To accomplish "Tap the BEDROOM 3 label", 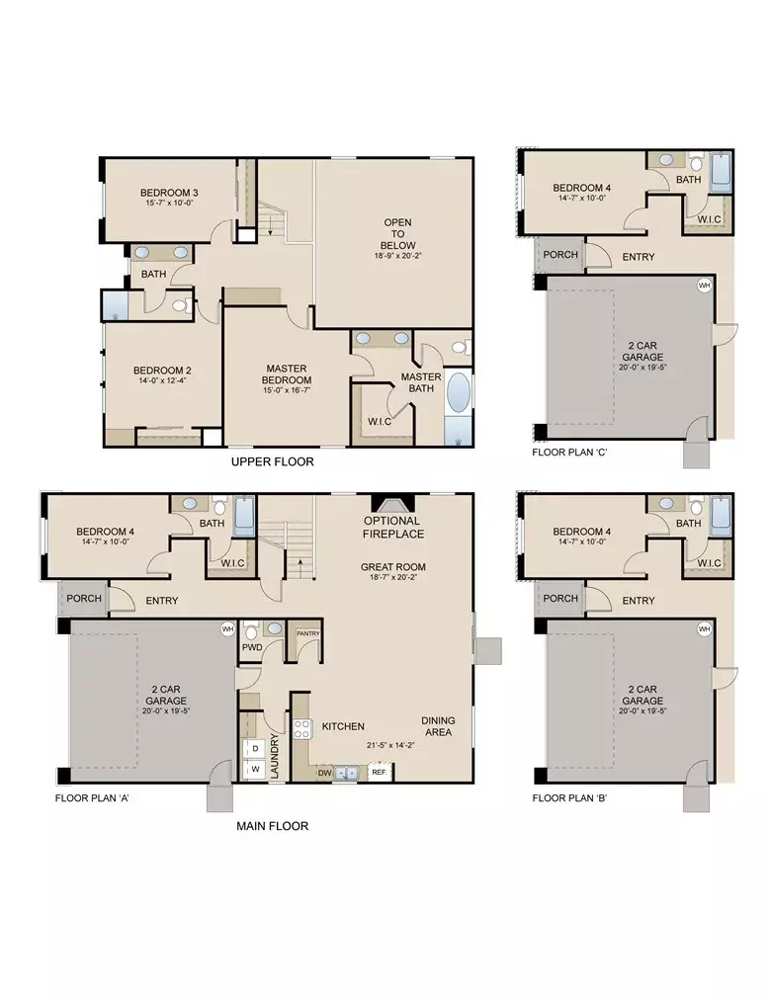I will click(169, 192).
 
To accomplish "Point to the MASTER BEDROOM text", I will click(287, 373).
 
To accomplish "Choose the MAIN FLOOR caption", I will click(272, 825).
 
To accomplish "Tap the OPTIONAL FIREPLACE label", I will click(392, 528).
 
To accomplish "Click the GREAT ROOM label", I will click(392, 568).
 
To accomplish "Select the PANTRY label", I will click(307, 633).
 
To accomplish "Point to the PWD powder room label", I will click(252, 647).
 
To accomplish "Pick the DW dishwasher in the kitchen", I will click(324, 774).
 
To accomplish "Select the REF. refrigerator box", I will click(378, 774).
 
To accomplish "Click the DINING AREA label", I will click(437, 726).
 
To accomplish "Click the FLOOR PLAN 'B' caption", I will click(572, 797).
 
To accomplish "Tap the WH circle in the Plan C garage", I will click(705, 286).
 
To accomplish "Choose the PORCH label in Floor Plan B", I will click(560, 599).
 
